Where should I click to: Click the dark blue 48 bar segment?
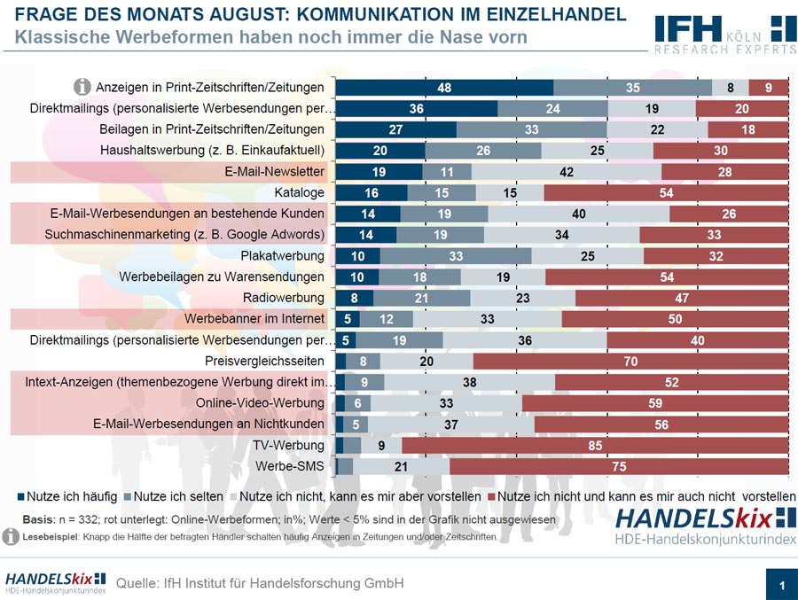[x=444, y=87]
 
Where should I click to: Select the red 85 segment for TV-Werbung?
[x=595, y=445]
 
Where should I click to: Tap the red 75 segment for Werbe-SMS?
[x=619, y=466]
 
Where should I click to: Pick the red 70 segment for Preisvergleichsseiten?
[x=630, y=361]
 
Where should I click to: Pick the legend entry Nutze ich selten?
[x=181, y=495]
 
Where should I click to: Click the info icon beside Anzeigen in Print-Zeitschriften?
[x=82, y=87]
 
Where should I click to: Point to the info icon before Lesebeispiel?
[x=11, y=537]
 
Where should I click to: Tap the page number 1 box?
[x=781, y=585]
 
